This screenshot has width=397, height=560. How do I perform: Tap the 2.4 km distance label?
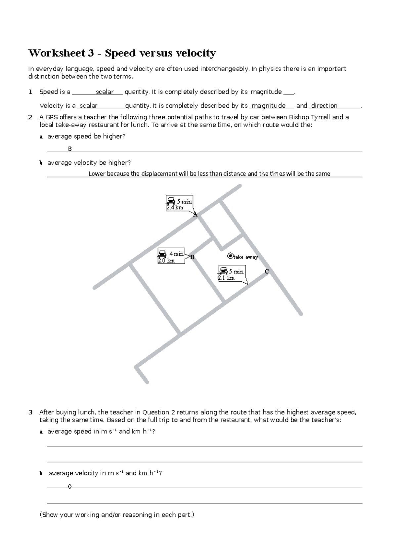pos(175,208)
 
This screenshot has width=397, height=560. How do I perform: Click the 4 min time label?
pos(176,254)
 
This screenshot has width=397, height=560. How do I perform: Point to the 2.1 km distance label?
pos(227,278)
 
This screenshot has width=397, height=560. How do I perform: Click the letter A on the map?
pos(195,215)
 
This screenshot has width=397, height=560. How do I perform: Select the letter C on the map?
pos(267,272)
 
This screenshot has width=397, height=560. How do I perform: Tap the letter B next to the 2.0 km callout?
pos(192,257)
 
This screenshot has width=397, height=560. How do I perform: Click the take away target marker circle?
pos(230,256)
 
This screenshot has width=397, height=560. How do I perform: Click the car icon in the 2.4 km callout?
pos(171,201)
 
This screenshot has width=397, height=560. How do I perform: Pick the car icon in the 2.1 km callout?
pos(223,271)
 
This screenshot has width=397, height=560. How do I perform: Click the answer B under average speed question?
pos(70,149)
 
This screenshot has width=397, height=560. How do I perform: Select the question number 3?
pos(30,412)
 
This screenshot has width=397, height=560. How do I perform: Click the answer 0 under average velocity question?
pos(69,487)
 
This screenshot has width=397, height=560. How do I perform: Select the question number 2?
pos(30,117)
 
